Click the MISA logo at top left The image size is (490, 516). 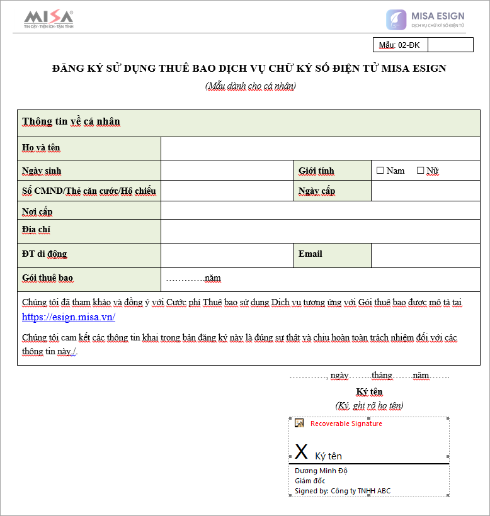point(48,20)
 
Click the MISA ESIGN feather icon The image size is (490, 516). point(396,20)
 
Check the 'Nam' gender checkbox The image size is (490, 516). point(380,171)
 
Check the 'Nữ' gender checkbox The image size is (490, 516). point(421,171)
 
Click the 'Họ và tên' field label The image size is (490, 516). point(42,148)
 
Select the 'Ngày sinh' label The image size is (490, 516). point(42,171)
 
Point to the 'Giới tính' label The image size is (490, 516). point(316,171)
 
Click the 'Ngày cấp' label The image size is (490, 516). point(317,191)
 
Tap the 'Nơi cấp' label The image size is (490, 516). point(37,211)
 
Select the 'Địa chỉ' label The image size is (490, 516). point(36,230)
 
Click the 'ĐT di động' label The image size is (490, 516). point(44,254)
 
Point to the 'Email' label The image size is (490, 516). point(311,254)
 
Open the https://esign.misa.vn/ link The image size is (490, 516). point(69,317)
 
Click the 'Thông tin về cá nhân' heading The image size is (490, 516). point(71,121)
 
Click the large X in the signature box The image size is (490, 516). point(302,452)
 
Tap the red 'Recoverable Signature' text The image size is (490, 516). point(346,423)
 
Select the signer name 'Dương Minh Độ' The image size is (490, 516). point(321,471)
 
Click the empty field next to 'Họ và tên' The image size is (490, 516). point(321,149)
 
